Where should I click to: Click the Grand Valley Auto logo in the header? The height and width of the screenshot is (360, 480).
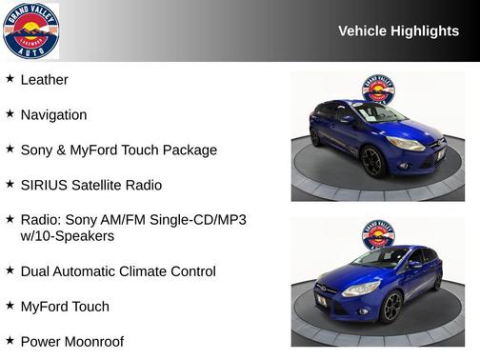pyautogui.click(x=30, y=30)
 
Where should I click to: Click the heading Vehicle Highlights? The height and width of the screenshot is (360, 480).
pyautogui.click(x=398, y=31)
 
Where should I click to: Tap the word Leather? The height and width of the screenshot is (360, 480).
pyautogui.click(x=44, y=80)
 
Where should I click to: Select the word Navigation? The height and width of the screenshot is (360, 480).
pyautogui.click(x=53, y=115)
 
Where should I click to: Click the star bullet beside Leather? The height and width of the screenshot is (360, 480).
pyautogui.click(x=10, y=79)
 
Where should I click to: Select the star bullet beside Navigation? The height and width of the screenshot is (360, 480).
pyautogui.click(x=10, y=114)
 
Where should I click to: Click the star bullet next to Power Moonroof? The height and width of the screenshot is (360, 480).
pyautogui.click(x=10, y=340)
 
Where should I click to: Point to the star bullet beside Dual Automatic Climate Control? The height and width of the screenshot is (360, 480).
pyautogui.click(x=10, y=270)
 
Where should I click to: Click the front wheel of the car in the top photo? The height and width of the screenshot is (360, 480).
pyautogui.click(x=372, y=162)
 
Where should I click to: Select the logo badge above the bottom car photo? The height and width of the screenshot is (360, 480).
pyautogui.click(x=377, y=235)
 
